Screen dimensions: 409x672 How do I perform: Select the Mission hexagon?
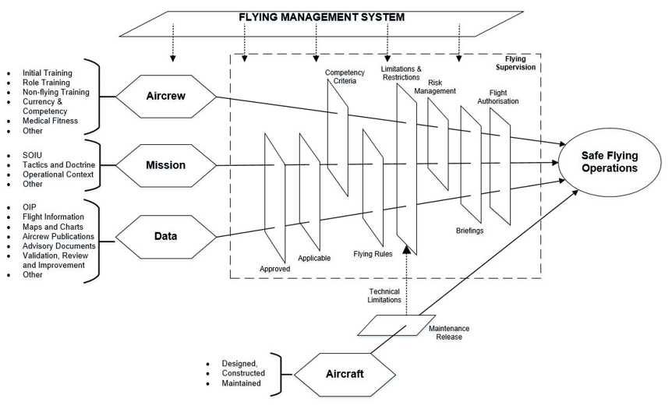[x=165, y=164]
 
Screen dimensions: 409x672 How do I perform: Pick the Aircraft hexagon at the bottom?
[x=344, y=373]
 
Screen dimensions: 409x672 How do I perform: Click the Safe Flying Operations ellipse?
[x=609, y=163]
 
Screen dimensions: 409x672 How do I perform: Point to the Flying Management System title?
[x=321, y=17]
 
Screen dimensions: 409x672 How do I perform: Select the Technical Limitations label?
[x=384, y=295]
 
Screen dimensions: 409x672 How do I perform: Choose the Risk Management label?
[x=435, y=86]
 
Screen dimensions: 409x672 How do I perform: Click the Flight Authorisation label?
[x=499, y=97]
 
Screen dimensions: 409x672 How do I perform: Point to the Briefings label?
[x=472, y=231]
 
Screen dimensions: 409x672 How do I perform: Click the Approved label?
[x=274, y=269]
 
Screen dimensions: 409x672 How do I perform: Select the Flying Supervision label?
[x=520, y=62]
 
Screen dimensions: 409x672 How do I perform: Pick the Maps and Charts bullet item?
[x=53, y=227]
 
